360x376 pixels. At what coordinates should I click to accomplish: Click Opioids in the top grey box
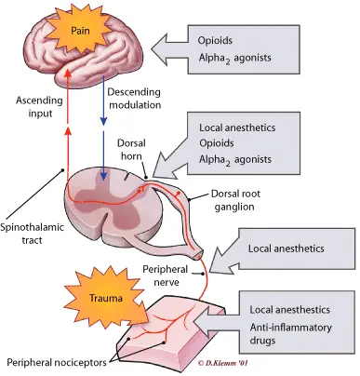(x=220, y=42)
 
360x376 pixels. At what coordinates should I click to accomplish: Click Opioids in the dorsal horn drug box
(x=220, y=145)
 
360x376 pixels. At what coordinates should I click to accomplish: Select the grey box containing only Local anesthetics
(x=295, y=249)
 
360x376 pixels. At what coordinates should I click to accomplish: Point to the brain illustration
(x=84, y=47)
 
